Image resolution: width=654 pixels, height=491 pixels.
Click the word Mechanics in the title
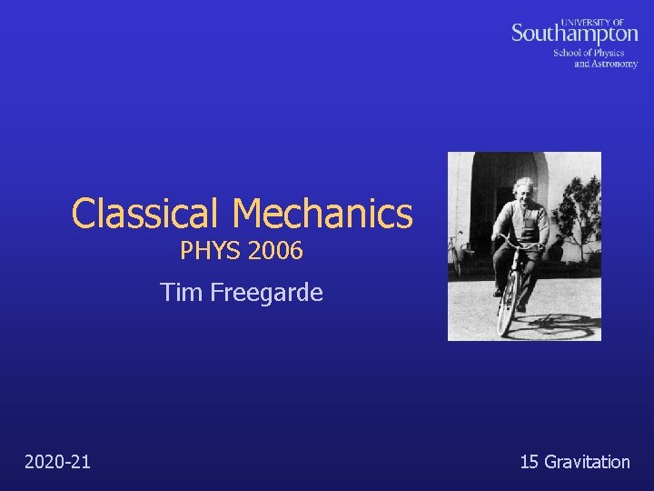[322, 214]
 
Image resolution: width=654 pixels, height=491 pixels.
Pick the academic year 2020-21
[57, 462]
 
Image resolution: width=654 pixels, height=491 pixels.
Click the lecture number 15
[529, 462]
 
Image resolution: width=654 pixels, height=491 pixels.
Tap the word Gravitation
[587, 462]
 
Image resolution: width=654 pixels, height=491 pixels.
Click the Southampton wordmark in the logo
[574, 34]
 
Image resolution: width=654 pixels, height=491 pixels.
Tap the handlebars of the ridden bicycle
[518, 241]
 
